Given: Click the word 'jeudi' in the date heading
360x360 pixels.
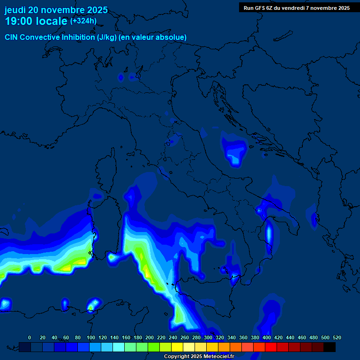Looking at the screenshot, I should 15,10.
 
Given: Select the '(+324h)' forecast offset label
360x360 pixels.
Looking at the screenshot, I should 83,21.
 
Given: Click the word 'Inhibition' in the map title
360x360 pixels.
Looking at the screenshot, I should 78,37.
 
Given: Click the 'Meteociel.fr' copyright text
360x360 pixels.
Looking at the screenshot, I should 216,357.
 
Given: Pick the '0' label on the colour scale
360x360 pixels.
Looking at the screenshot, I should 30,337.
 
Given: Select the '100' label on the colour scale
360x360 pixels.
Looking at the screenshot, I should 90,337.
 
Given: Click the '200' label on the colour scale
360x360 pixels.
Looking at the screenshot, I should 149,337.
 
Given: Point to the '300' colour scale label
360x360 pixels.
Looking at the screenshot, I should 208,337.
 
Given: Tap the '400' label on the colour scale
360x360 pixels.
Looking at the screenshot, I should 267,337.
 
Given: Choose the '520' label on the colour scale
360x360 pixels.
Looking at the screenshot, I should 337,337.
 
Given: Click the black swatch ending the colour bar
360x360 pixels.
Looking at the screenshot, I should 330,347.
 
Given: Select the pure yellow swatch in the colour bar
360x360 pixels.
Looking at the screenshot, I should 177,347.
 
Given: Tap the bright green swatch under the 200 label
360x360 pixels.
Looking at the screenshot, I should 154,347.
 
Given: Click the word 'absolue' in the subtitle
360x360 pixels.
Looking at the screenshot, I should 173,37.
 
